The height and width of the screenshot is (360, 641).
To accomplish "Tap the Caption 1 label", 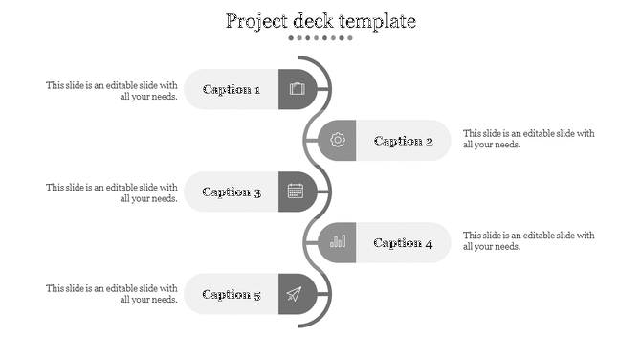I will (x=232, y=89).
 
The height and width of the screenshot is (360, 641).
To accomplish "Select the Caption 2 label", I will (x=403, y=141).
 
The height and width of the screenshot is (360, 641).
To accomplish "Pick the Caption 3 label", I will (x=232, y=191).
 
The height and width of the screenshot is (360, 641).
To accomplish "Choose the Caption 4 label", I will (x=403, y=242).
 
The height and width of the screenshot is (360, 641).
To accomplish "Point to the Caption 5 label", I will (x=232, y=294).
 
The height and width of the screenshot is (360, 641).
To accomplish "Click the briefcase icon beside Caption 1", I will (x=297, y=89).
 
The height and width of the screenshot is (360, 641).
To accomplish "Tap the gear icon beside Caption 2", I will (x=338, y=141).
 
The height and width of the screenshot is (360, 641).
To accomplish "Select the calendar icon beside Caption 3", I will (x=296, y=191).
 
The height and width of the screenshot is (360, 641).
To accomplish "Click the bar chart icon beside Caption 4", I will (x=338, y=242).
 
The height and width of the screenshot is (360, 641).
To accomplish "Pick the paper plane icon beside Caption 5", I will (x=295, y=294).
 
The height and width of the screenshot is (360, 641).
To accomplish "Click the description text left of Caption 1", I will (x=112, y=90).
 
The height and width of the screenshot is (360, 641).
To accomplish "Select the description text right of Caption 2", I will (x=528, y=139).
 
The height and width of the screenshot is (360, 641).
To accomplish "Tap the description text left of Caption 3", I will (x=112, y=192).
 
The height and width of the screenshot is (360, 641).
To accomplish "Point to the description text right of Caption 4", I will (x=528, y=240).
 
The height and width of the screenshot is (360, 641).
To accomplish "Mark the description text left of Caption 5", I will (x=112, y=293).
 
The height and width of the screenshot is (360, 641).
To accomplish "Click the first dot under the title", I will (x=291, y=38).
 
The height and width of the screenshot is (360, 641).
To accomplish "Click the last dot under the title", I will (x=350, y=38).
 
